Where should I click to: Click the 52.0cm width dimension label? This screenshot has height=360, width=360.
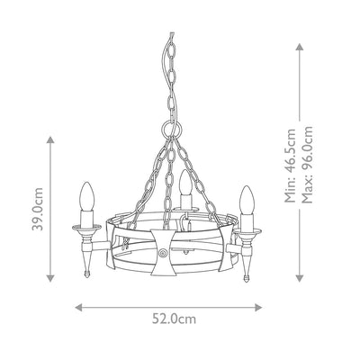(174, 319)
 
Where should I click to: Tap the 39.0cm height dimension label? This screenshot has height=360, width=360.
(38, 209)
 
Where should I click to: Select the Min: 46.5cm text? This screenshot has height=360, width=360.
(290, 166)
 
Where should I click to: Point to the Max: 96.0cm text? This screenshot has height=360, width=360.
(307, 165)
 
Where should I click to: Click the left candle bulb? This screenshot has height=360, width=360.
(87, 196)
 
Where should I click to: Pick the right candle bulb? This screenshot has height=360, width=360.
(247, 200)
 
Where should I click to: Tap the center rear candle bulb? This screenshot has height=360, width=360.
(184, 183)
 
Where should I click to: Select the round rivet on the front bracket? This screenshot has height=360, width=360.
(163, 253)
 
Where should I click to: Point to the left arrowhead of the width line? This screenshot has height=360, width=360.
(78, 307)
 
